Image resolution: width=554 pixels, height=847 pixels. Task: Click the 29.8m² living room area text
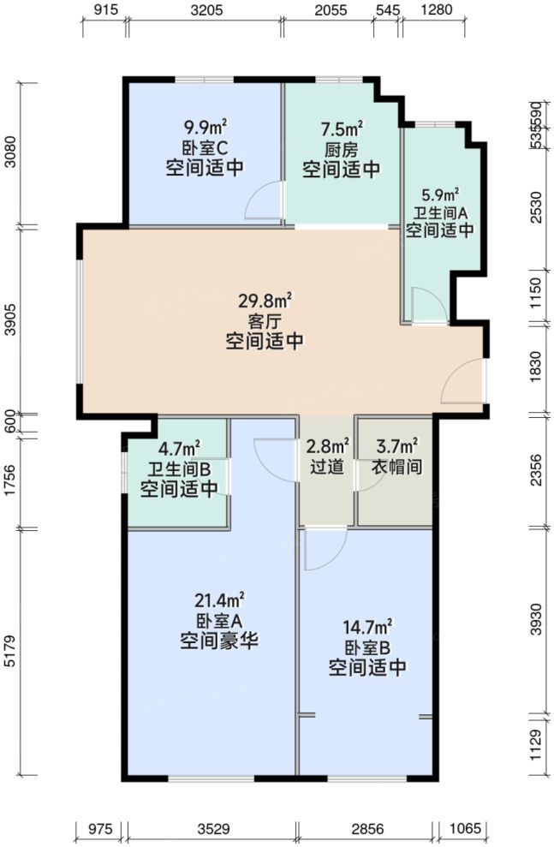click(x=265, y=301)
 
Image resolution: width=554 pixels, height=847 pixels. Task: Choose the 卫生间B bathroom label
click(x=179, y=469)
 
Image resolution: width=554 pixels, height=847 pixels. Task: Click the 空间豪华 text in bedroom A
click(x=220, y=640)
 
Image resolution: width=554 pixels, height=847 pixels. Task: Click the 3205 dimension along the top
click(x=206, y=11)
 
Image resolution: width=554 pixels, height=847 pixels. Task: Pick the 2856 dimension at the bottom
click(x=366, y=828)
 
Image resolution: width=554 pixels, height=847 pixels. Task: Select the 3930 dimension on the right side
click(x=537, y=619)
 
